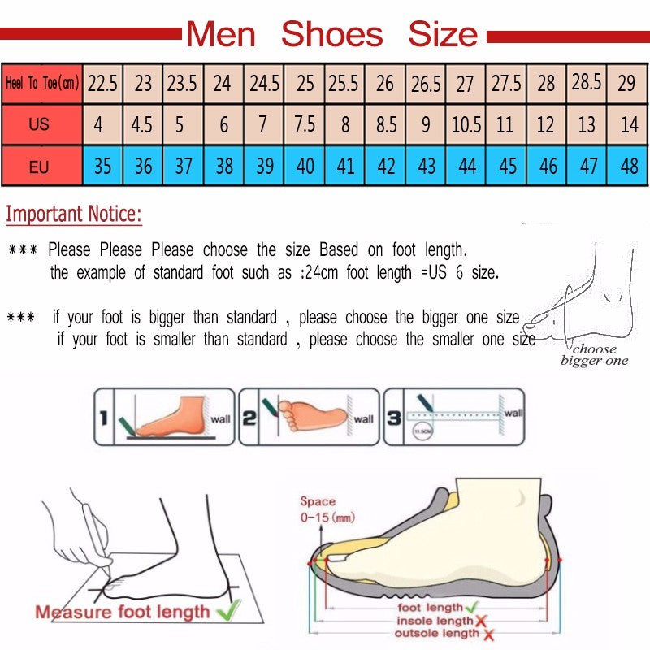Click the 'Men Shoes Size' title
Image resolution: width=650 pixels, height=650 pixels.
[332, 34]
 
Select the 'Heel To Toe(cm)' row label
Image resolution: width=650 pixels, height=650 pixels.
[41, 83]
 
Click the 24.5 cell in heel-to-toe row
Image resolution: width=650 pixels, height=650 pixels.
[264, 83]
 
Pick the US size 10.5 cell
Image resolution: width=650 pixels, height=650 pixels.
[466, 126]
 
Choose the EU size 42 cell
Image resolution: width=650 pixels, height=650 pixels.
[386, 167]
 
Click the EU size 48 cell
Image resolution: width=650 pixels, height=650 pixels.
[629, 167]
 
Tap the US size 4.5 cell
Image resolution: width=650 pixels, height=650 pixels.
[142, 126]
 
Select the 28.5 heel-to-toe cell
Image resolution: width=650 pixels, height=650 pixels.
[587, 82]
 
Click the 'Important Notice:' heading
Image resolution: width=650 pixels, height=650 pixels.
[74, 215]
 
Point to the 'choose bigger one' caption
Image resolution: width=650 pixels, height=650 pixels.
[595, 355]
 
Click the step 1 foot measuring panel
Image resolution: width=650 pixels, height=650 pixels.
[164, 417]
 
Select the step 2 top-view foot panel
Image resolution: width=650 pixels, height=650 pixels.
[309, 417]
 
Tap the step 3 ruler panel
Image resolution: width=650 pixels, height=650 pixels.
[453, 417]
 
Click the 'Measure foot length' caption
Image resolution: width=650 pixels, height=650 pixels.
[122, 611]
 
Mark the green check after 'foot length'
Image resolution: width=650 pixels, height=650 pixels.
[471, 607]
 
